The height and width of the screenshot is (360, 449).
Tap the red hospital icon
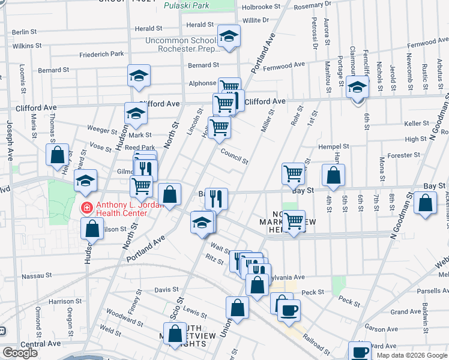tap(87, 208)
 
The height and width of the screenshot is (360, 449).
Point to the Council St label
tap(234, 158)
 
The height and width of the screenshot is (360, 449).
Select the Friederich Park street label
tap(101, 55)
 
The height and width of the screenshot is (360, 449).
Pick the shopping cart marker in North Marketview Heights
tap(294, 221)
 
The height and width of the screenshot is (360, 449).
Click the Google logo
tap(20, 353)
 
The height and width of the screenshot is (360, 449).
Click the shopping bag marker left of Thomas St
tap(57, 155)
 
